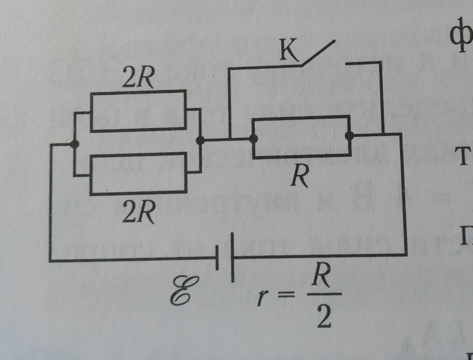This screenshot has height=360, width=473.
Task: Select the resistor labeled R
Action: click(301, 137)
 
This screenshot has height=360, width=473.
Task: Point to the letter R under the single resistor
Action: click(299, 175)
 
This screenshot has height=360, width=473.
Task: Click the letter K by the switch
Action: click(289, 52)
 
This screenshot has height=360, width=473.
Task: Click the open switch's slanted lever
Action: click(318, 53)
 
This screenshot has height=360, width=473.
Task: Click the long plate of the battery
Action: click(233, 257)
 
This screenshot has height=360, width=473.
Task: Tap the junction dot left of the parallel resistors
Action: click(75, 145)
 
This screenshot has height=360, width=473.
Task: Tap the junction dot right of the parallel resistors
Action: click(199, 140)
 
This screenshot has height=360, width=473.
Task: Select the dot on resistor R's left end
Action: click(253, 139)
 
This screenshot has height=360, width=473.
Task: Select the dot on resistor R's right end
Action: click(350, 136)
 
